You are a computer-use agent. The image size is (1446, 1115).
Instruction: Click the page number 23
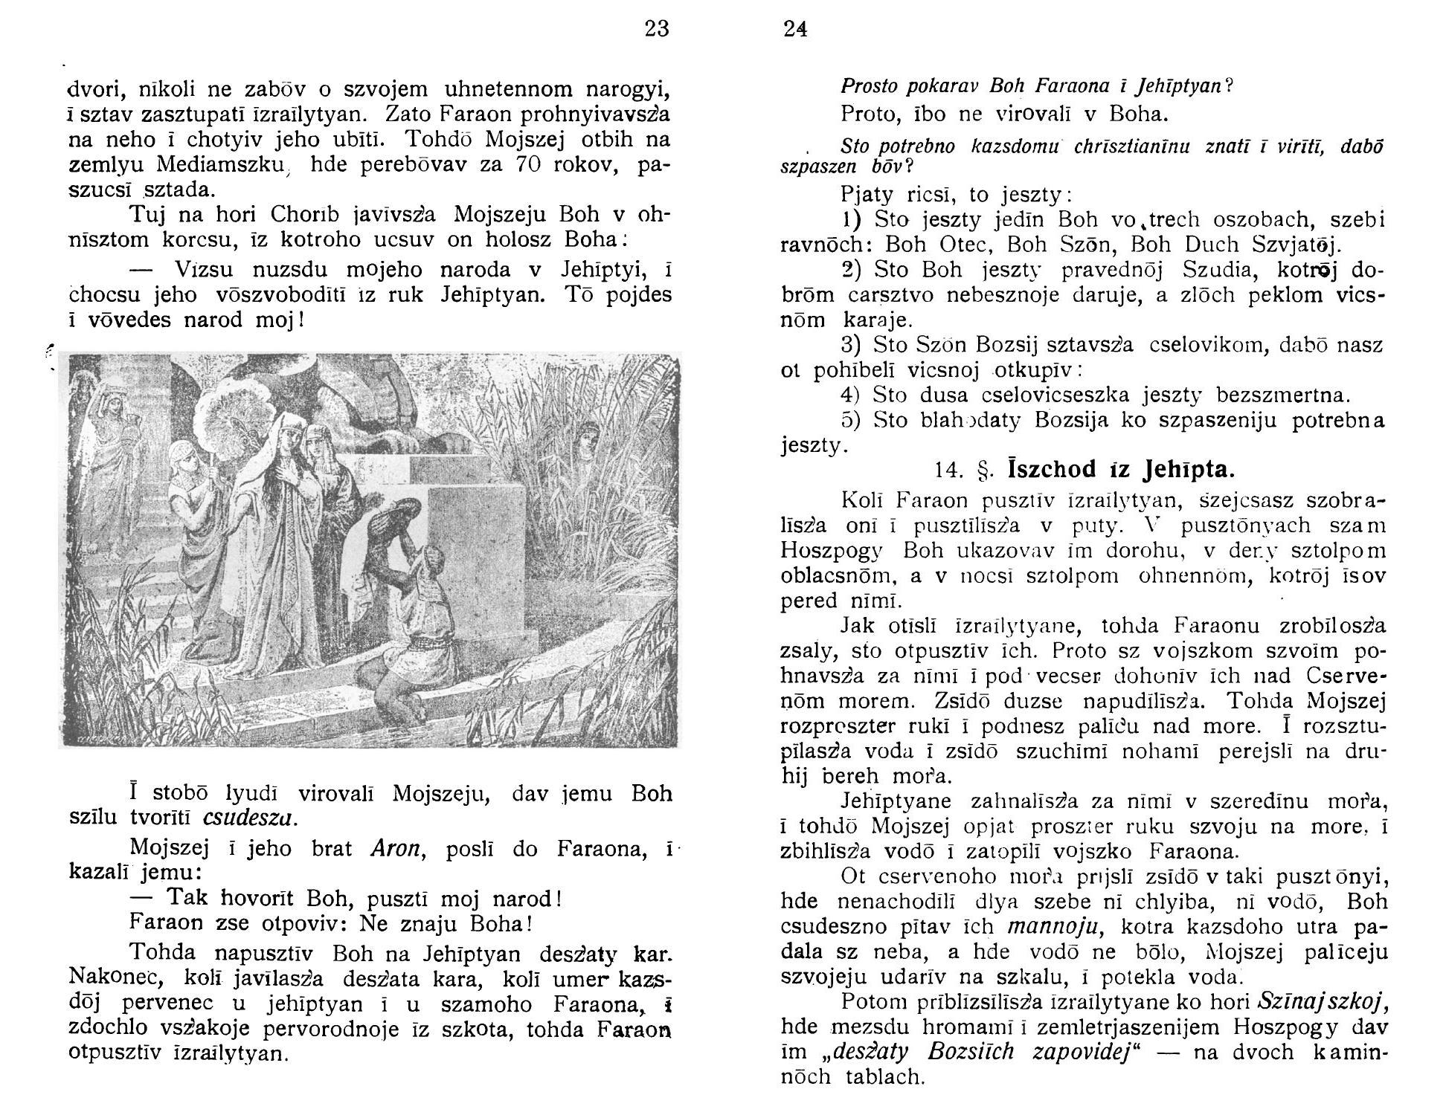coord(657,29)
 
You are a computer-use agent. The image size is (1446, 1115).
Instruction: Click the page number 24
coord(795,30)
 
